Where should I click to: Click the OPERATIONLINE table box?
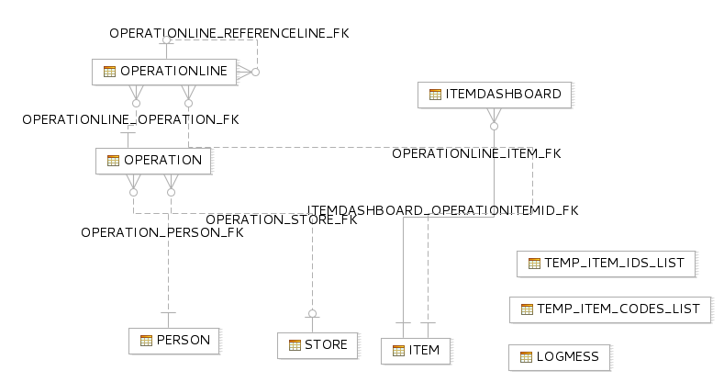[x=164, y=72]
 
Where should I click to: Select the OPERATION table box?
[x=153, y=161]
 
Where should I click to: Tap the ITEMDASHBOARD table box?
[x=495, y=95]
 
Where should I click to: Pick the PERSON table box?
[x=174, y=341]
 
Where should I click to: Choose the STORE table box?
[x=317, y=345]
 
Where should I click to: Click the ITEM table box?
[x=416, y=351]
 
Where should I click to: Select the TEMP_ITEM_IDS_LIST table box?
[x=607, y=264]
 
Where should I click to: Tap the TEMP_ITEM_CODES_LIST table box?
[x=610, y=309]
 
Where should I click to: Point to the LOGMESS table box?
[x=560, y=357]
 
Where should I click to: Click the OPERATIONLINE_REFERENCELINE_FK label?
[x=229, y=33]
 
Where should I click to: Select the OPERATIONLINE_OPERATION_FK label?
[x=130, y=119]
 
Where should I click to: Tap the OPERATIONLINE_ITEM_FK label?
[x=476, y=153]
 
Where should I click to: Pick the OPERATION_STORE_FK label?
[x=282, y=219]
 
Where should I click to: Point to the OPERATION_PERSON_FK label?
[x=162, y=232]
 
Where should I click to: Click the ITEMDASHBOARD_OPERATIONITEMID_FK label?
[x=443, y=210]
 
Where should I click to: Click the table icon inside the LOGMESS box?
[x=526, y=357]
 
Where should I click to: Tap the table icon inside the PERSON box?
[x=146, y=341]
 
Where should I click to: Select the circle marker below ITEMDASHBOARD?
[x=494, y=126]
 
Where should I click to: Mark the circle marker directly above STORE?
[x=313, y=314]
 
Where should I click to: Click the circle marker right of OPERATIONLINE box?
[x=255, y=72]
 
